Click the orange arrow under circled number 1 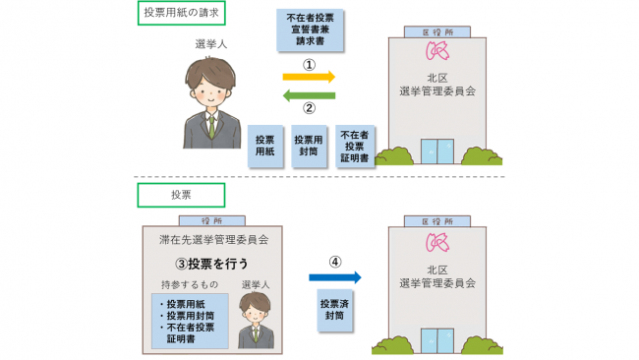(309, 76)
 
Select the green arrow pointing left (309, 95)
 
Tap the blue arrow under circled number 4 (334, 277)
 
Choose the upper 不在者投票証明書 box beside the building (355, 146)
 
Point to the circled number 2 (309, 109)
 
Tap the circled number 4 (334, 263)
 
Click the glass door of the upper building (438, 150)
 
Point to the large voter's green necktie (211, 128)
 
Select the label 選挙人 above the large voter (210, 41)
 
